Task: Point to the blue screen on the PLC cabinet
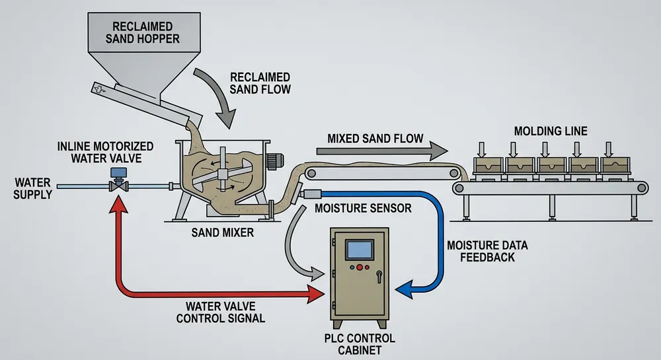(360, 250)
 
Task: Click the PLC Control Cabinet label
(360, 344)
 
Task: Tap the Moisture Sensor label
(363, 209)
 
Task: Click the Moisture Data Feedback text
(488, 251)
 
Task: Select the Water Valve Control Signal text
(225, 312)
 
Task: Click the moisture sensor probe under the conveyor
(310, 194)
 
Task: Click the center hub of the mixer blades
(223, 174)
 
